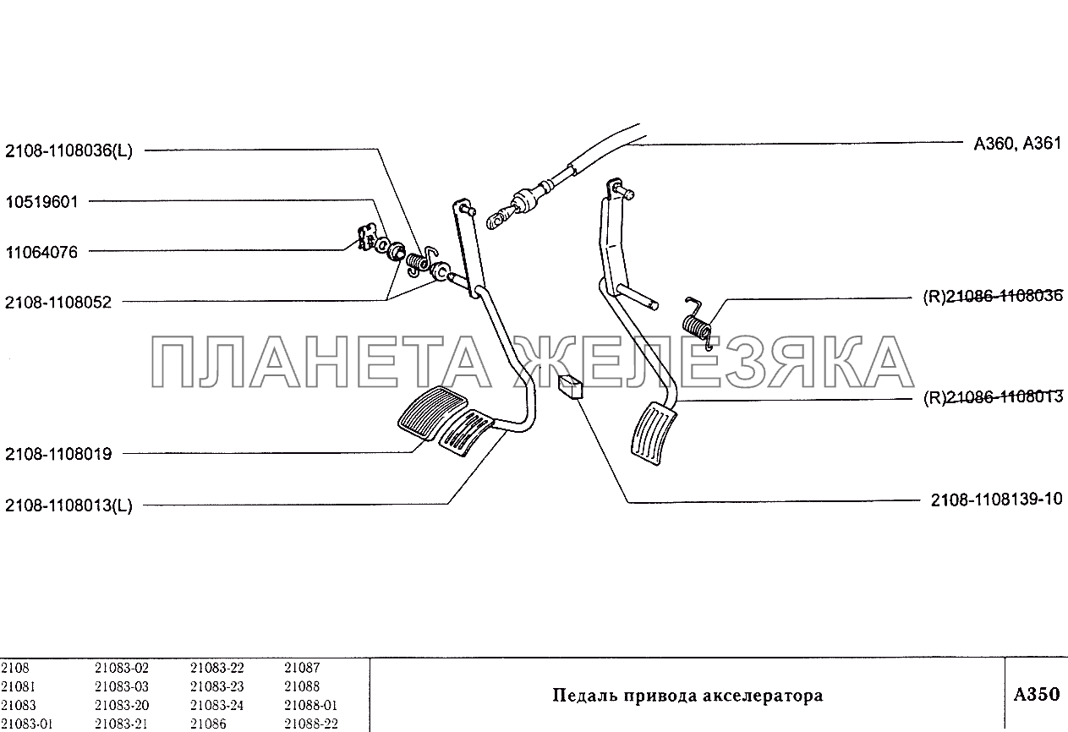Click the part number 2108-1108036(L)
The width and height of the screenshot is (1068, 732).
(68, 151)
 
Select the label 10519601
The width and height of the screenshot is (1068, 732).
(41, 201)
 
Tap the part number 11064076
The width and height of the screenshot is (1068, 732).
(41, 252)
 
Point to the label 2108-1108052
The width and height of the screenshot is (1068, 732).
(58, 302)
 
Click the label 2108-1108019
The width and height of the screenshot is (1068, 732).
(58, 454)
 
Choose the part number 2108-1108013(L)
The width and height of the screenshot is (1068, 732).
(68, 505)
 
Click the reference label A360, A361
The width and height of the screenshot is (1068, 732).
(1017, 143)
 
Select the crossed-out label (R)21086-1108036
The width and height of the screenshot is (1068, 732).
(993, 297)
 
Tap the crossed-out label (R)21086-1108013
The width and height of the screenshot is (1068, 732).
(993, 397)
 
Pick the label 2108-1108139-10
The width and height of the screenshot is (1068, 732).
(996, 499)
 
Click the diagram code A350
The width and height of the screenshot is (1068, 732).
(1037, 694)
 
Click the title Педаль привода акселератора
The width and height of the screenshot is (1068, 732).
(687, 696)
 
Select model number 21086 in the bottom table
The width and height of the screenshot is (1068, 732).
(208, 724)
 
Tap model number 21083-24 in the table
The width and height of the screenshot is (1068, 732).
(217, 705)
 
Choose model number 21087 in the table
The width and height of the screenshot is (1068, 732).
(302, 668)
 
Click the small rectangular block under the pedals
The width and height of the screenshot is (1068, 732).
(570, 386)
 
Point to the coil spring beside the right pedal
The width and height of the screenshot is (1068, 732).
(698, 324)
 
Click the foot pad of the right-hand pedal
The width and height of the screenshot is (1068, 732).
(654, 433)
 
